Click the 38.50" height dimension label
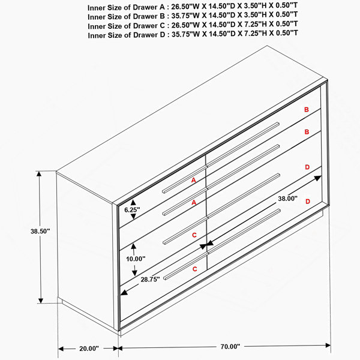[40, 231]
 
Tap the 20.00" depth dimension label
[89, 349]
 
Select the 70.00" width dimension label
[230, 346]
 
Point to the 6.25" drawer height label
[132, 210]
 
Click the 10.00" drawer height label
[136, 259]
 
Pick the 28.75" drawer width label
[150, 280]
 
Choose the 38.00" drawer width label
[287, 199]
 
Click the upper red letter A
[194, 180]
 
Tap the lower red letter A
[194, 203]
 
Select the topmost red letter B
[307, 110]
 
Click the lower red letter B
[307, 132]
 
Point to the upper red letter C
[194, 235]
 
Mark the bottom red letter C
[194, 269]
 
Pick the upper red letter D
[307, 167]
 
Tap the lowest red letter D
[308, 202]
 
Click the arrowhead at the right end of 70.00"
[328, 346]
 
